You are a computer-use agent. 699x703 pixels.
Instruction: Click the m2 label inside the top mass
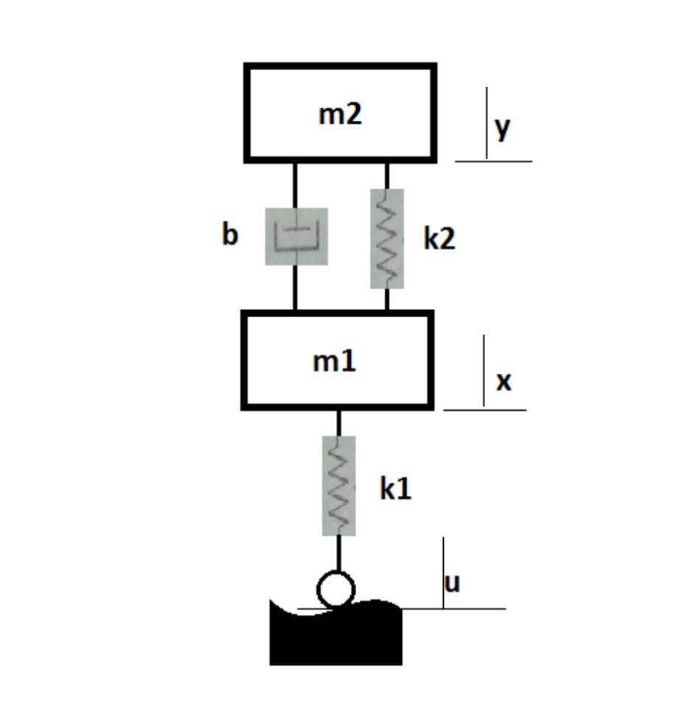[340, 114]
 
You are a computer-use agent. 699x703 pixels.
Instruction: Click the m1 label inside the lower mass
[335, 361]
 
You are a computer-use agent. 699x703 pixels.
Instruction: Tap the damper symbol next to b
[296, 236]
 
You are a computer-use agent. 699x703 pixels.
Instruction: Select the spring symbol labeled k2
[387, 238]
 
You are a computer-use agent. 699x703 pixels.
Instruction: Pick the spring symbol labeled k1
[339, 485]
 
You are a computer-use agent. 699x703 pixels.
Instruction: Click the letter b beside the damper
[229, 235]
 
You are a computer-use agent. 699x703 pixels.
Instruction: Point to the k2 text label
[439, 238]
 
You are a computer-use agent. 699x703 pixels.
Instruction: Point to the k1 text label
[395, 488]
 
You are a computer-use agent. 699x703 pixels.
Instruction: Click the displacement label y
[503, 128]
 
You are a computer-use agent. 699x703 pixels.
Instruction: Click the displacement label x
[504, 381]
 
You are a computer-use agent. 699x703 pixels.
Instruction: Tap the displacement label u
[452, 583]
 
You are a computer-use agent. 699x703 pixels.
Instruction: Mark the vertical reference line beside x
[484, 370]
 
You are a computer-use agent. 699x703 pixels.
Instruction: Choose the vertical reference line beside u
[443, 572]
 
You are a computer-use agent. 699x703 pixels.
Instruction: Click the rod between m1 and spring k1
[339, 422]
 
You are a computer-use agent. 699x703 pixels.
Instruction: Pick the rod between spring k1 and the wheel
[339, 553]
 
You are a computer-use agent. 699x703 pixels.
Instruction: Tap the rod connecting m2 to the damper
[296, 184]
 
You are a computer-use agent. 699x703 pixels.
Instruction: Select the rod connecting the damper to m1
[296, 288]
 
